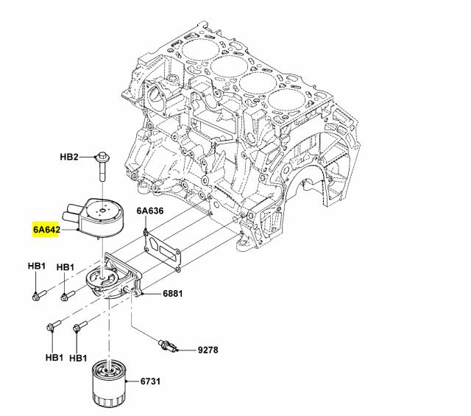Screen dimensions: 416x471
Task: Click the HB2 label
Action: (68, 158)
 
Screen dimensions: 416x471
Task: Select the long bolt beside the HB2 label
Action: (102, 168)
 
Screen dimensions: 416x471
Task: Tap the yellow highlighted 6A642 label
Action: (46, 229)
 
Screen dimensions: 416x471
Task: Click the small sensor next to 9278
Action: (169, 344)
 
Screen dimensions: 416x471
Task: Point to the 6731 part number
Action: (150, 381)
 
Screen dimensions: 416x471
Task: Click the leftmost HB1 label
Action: (37, 266)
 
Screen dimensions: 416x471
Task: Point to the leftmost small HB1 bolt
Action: (38, 296)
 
